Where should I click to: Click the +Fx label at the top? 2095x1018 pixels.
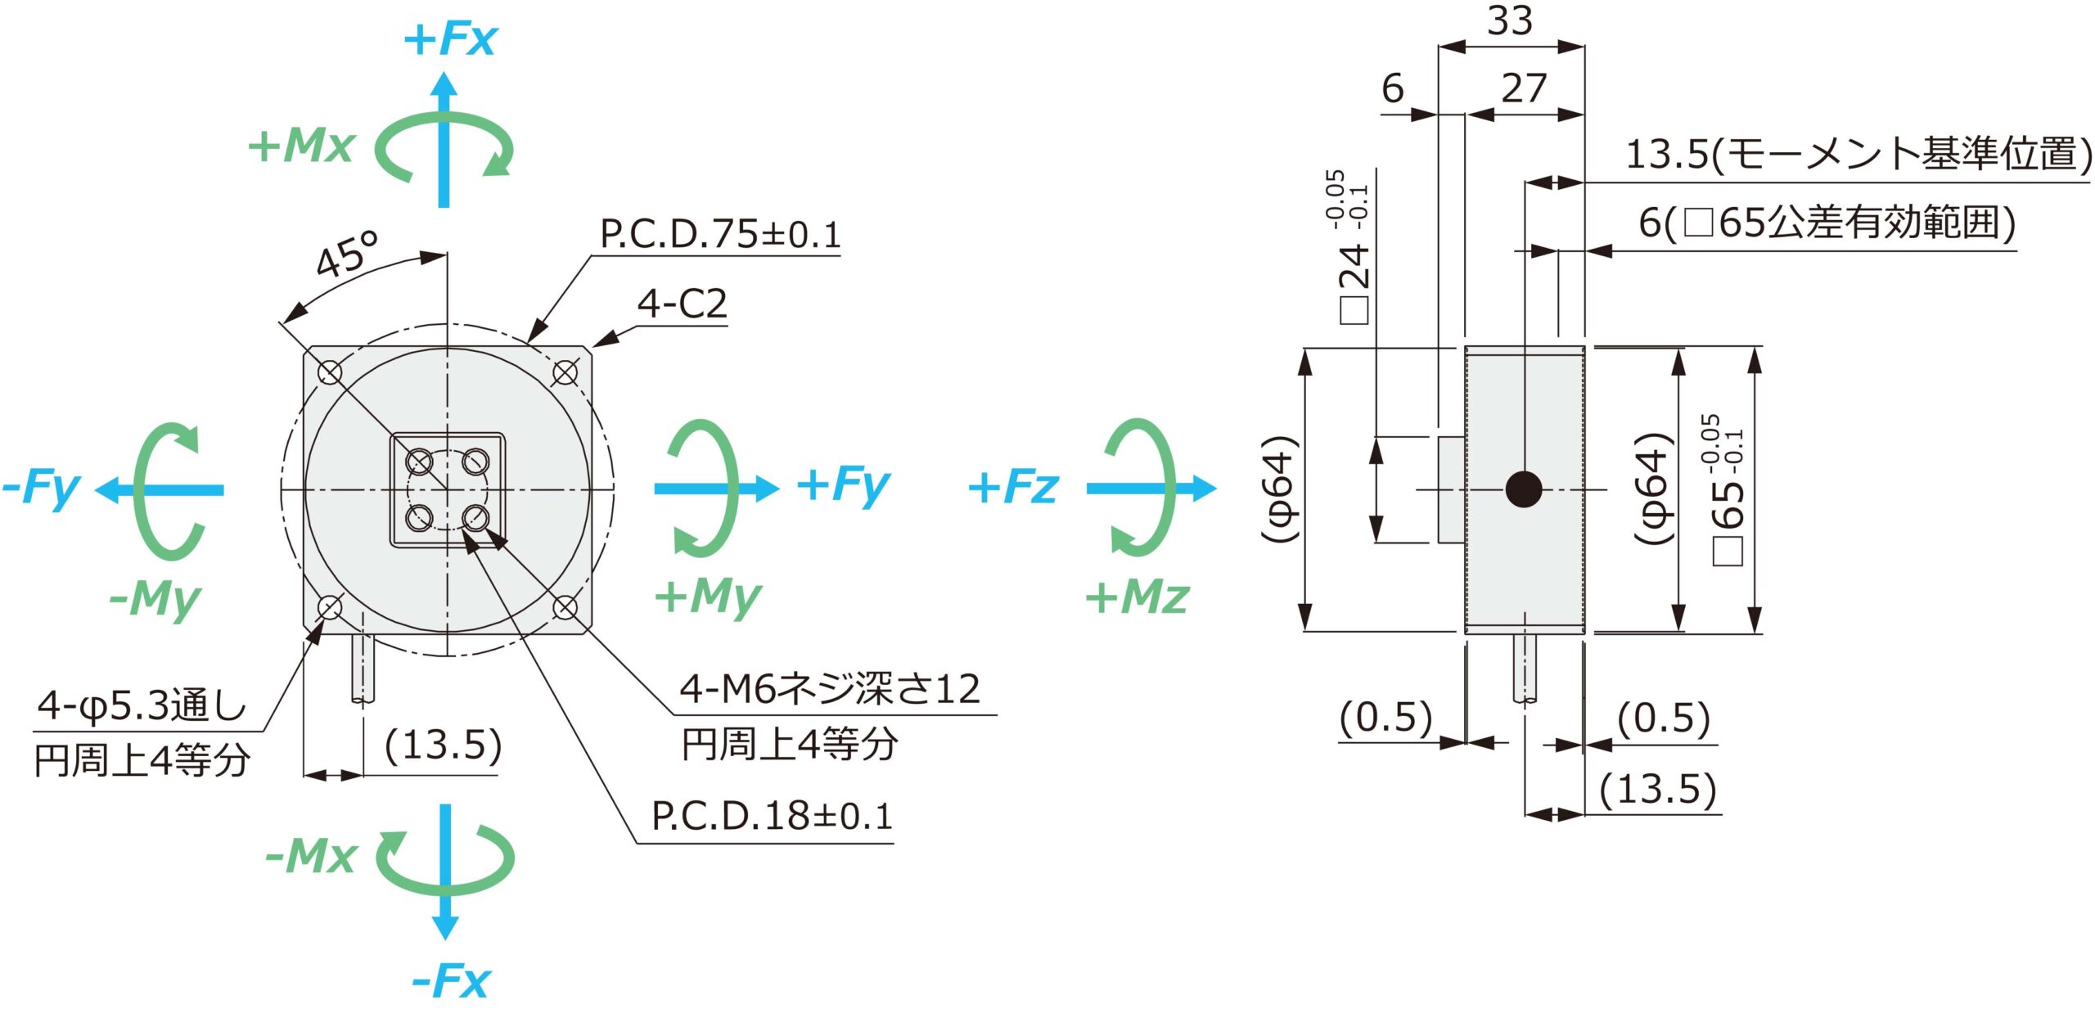(x=450, y=38)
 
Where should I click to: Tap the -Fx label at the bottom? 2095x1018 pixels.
(x=450, y=980)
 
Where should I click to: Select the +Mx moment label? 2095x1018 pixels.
(x=301, y=146)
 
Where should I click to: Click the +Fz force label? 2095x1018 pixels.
(x=1013, y=487)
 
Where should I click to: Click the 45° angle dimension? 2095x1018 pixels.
(x=347, y=254)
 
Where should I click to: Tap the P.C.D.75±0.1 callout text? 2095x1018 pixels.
(x=720, y=235)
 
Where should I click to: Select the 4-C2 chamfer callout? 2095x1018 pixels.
(x=682, y=304)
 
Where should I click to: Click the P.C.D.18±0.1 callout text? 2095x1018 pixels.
(x=772, y=816)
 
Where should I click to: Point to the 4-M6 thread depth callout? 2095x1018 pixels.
(x=830, y=689)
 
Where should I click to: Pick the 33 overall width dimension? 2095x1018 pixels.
(x=1509, y=20)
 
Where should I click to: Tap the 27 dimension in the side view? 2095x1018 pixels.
(x=1523, y=88)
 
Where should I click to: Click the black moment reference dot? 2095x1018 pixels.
(x=1524, y=489)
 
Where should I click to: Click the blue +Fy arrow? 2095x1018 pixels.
(x=717, y=489)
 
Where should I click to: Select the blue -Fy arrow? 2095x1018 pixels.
(x=160, y=490)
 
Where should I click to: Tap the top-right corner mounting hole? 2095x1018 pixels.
(x=565, y=373)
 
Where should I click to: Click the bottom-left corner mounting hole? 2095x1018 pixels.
(x=330, y=608)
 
